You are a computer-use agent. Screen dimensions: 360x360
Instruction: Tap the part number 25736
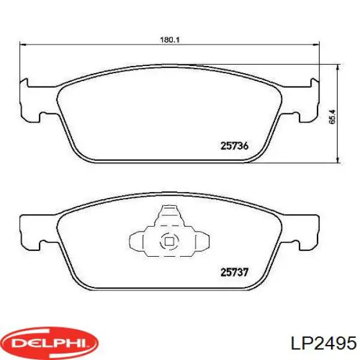tap(234, 145)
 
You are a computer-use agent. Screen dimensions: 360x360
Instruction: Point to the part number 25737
tap(234, 272)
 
